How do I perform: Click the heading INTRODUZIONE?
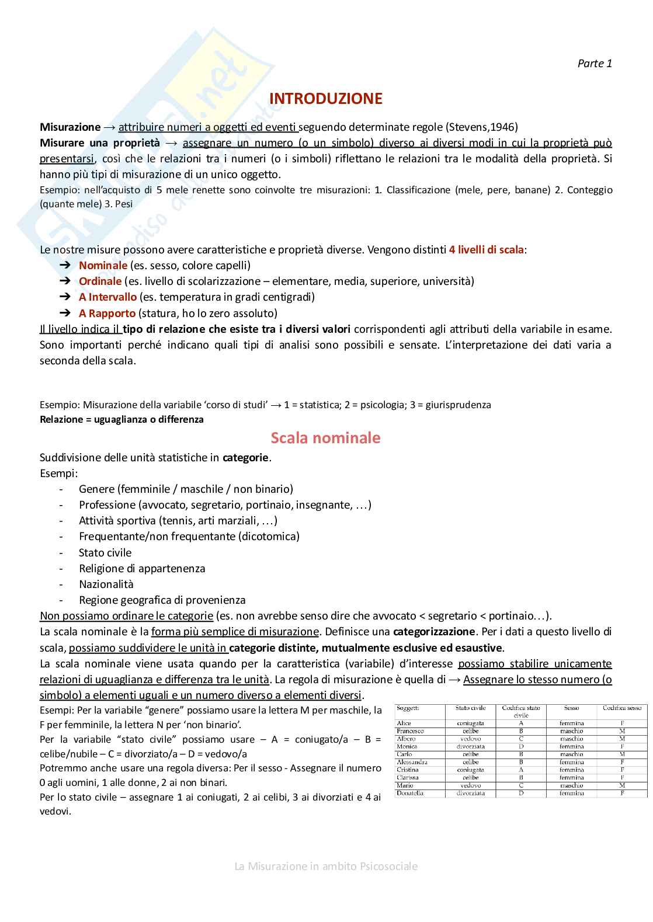[x=326, y=99]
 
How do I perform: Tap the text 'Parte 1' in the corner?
[x=595, y=64]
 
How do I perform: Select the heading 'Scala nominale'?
[x=325, y=438]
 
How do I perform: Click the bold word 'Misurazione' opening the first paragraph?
[x=70, y=127]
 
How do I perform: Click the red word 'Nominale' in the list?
[x=103, y=265]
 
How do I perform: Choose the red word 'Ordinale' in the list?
[x=100, y=281]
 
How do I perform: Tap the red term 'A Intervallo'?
[x=107, y=297]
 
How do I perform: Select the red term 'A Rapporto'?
[x=107, y=313]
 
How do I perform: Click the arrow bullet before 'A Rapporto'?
[x=65, y=313]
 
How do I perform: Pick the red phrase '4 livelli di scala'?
[x=486, y=249]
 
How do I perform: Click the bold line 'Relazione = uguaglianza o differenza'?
[x=121, y=419]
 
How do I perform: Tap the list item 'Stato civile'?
[x=105, y=552]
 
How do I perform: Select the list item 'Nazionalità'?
[x=106, y=584]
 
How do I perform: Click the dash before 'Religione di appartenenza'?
[x=61, y=568]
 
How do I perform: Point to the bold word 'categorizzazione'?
[x=434, y=631]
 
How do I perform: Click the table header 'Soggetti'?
[x=408, y=708]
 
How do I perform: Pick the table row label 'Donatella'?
[x=410, y=793]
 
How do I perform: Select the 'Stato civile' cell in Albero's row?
[x=470, y=739]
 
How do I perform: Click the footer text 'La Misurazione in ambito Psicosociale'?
[x=326, y=866]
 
